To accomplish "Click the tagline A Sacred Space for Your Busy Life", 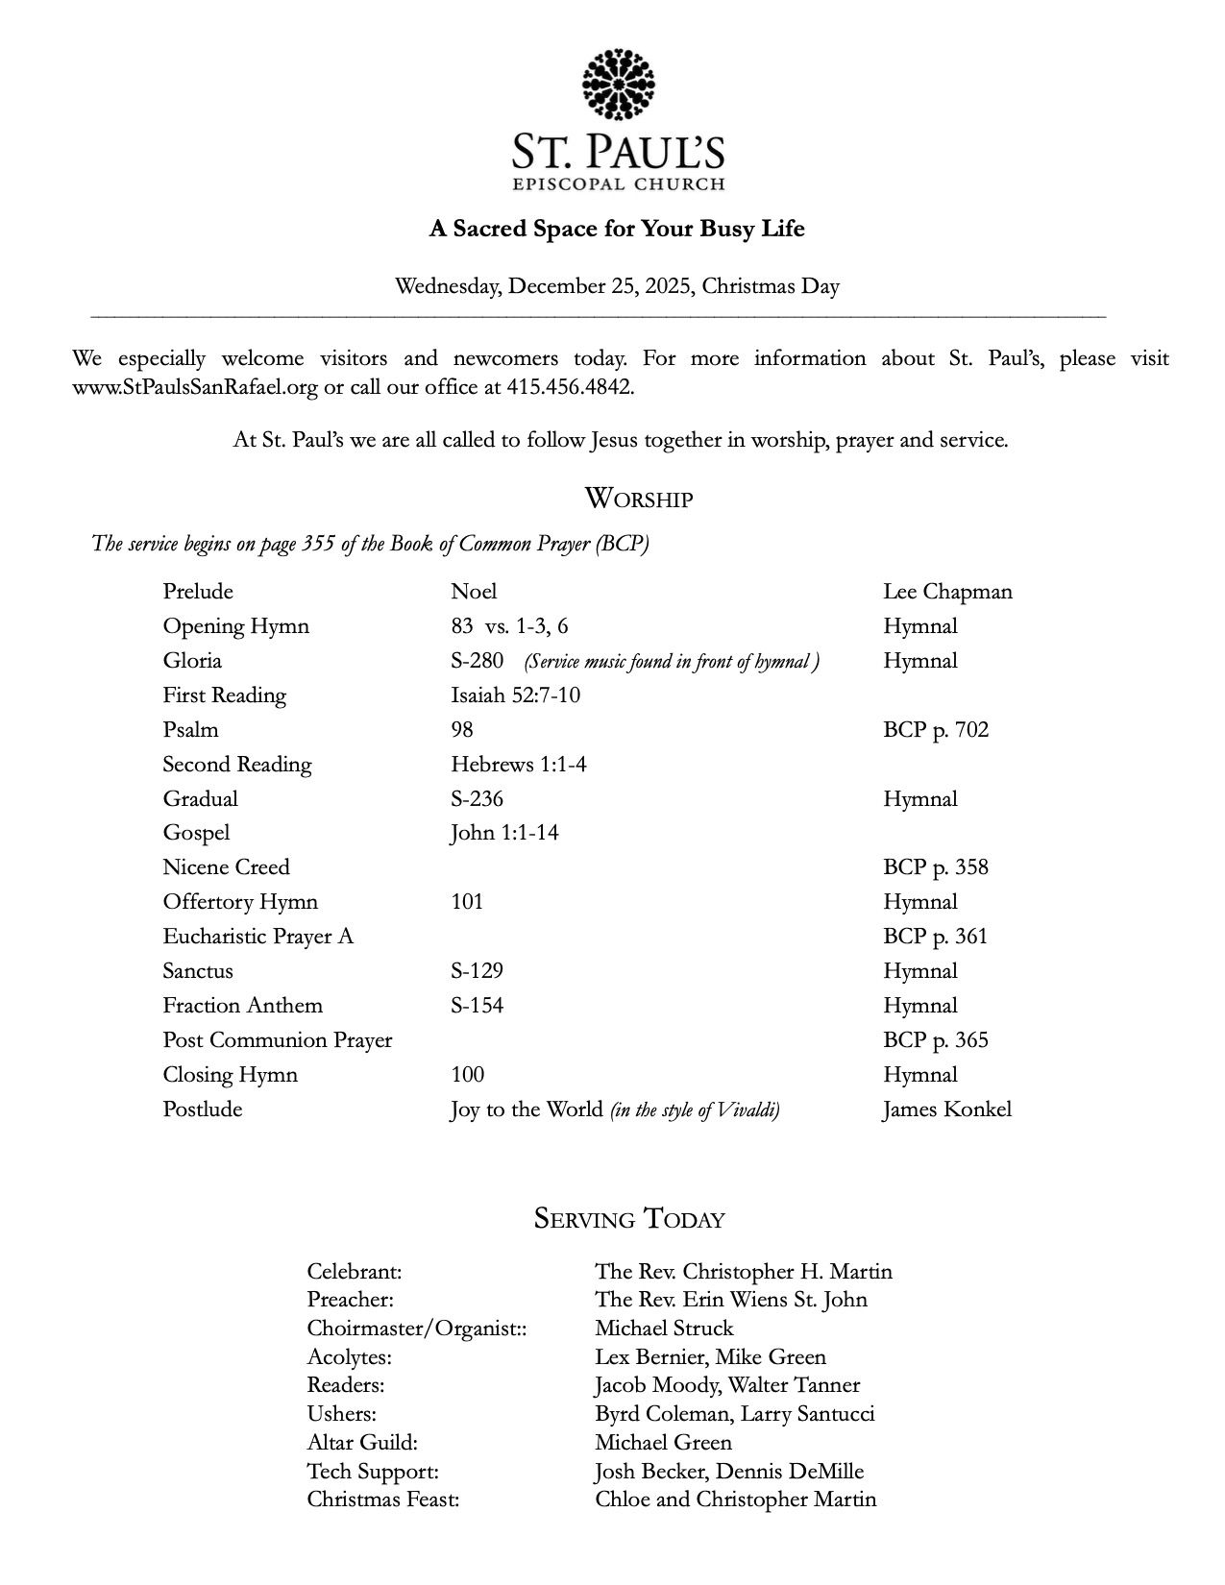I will [616, 229].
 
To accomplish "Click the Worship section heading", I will [638, 500].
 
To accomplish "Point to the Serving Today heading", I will [629, 1219].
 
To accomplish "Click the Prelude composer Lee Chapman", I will [947, 592].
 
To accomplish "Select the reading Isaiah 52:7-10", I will [515, 695].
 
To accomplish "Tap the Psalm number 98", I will [462, 730].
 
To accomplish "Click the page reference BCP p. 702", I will [935, 730].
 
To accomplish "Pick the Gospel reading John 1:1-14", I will [504, 833].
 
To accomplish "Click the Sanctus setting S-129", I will [477, 971].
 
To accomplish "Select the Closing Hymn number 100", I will [467, 1075].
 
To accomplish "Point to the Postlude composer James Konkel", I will [946, 1109].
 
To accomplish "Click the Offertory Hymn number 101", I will [467, 902].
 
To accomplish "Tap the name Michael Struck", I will [664, 1329].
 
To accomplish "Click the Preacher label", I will [350, 1300].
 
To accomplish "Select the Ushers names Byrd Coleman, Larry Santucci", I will [734, 1414].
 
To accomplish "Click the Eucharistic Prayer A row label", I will [257, 937].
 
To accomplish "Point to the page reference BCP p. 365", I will [935, 1040].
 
